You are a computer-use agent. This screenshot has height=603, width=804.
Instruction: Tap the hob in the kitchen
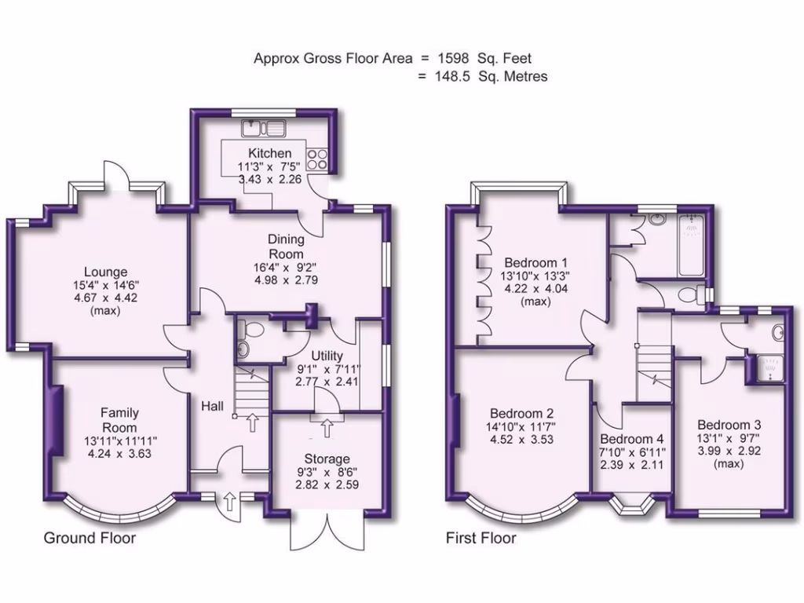[318, 159]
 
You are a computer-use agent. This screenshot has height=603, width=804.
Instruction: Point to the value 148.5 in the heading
[450, 76]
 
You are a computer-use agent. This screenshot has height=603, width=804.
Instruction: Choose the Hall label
[212, 407]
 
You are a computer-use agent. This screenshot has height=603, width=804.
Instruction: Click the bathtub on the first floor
[691, 244]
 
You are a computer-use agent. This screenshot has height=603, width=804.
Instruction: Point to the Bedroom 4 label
[632, 440]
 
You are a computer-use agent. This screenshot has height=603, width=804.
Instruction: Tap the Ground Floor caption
[90, 539]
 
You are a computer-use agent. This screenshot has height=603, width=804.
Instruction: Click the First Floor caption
[481, 539]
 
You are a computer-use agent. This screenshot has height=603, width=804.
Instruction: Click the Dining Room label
[286, 247]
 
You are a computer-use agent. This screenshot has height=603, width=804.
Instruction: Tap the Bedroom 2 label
[522, 414]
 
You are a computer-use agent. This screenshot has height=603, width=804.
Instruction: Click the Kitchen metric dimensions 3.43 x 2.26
[270, 179]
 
